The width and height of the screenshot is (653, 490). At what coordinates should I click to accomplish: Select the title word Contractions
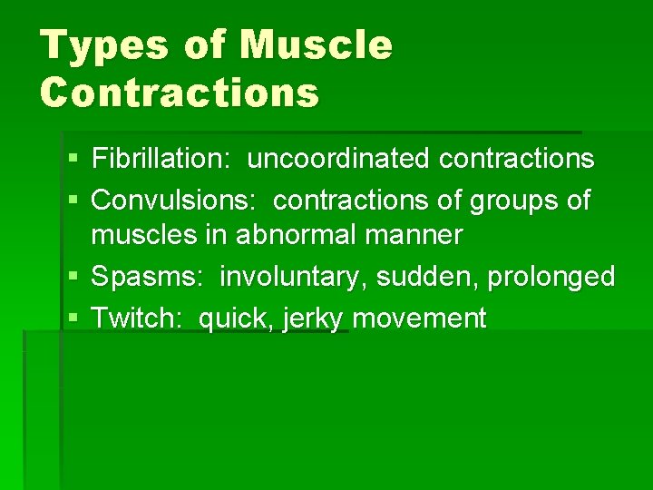point(180,92)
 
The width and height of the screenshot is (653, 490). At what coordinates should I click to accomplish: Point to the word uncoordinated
point(339,159)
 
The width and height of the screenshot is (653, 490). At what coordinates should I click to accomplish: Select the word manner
point(417,237)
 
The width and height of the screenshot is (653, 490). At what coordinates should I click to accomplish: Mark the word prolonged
point(551,277)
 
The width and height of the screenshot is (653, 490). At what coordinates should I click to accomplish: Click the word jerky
point(313,318)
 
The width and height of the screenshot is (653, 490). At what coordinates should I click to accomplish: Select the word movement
point(420,318)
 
